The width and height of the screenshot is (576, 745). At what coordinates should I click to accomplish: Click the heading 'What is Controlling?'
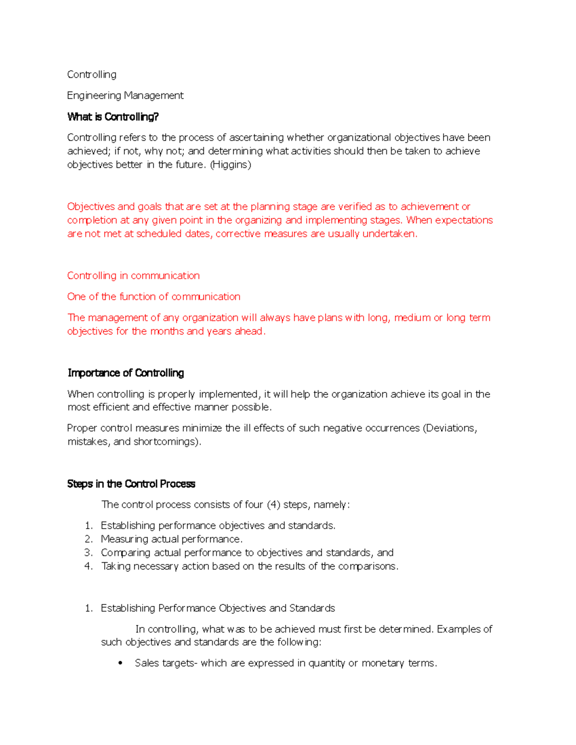coord(113,117)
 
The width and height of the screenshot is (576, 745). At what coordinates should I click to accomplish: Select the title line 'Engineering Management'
coord(125,95)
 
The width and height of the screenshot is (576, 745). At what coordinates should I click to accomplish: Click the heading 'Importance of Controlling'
coord(126,373)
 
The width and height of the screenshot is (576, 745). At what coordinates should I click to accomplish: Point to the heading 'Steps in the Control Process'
coord(131,484)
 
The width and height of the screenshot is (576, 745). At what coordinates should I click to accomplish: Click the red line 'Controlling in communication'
coord(133,275)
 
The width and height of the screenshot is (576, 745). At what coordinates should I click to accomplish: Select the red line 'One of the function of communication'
coord(154,296)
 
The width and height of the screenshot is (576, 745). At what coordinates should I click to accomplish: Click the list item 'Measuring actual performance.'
coord(171,539)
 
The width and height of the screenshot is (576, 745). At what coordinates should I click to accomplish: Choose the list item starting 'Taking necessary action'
coord(249,566)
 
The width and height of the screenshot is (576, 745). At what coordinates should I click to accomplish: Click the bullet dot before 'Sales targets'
coord(120,663)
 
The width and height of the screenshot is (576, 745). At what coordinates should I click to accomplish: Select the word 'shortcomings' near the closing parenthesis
coord(166,441)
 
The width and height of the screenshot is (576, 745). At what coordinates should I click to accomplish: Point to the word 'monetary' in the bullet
coord(383,663)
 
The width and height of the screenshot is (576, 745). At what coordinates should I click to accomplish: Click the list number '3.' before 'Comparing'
coord(88,553)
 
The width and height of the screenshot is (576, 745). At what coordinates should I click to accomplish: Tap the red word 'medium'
coord(412,318)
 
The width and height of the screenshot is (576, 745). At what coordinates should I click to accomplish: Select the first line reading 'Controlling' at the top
coord(92,74)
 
